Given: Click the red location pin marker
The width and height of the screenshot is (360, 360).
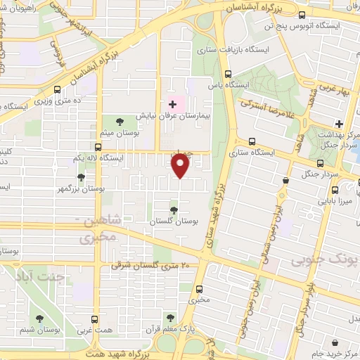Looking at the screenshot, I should click(181, 165).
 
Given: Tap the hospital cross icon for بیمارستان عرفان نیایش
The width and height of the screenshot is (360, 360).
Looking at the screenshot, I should click(173, 104).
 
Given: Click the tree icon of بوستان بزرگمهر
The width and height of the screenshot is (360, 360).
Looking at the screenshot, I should click(82, 178).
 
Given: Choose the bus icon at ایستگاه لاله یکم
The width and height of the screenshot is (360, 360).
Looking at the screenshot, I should click(98, 147).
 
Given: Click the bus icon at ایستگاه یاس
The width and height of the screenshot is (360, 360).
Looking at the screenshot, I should click(227, 74).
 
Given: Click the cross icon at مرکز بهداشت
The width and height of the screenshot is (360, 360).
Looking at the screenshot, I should click(339, 124).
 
